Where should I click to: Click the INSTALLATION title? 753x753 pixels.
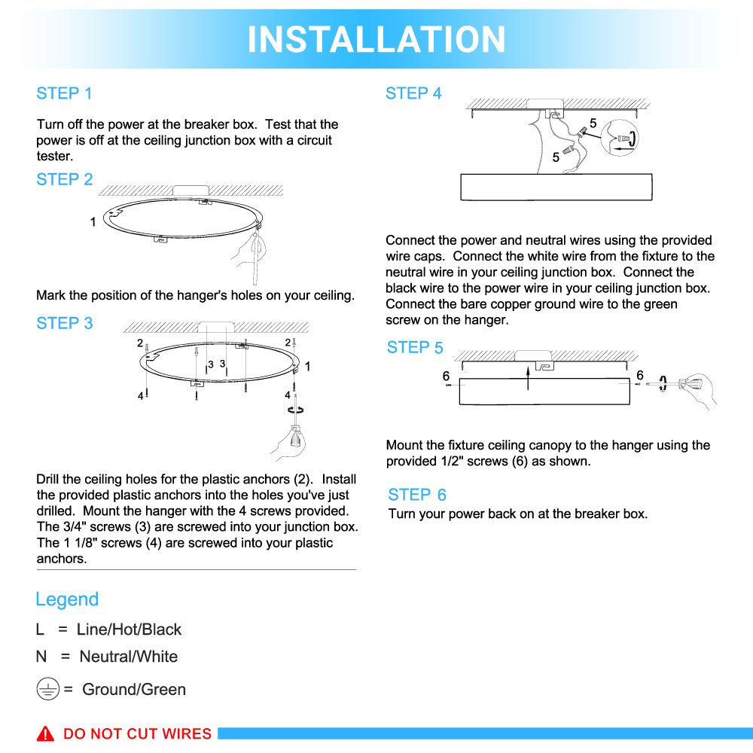point(376,39)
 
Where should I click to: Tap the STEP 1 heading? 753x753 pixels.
point(64,93)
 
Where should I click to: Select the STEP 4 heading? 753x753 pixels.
point(413,93)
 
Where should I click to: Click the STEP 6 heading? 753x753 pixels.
point(417,495)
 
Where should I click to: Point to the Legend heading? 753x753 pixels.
point(67,599)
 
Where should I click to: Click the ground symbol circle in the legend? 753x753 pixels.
point(47,689)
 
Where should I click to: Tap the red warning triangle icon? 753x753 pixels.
point(46,733)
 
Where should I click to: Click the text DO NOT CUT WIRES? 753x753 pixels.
point(137,734)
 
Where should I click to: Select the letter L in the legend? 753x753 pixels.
point(40,630)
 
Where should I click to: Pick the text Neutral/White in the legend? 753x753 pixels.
point(129,657)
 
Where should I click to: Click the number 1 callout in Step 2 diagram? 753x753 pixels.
point(93,222)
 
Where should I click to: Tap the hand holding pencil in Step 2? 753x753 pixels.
point(251,252)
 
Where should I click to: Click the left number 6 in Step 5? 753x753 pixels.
point(446,376)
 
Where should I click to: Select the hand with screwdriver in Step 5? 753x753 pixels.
point(696,387)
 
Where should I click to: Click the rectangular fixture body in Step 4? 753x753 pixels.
point(556,187)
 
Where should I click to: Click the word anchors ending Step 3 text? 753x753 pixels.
point(61,559)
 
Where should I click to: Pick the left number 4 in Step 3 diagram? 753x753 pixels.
point(140,395)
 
